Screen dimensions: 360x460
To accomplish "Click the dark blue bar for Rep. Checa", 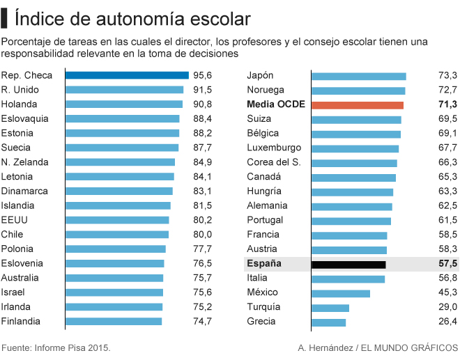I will point(127,75).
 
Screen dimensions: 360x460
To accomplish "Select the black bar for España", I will point(348,264).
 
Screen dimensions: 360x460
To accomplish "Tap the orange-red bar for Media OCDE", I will point(358,104).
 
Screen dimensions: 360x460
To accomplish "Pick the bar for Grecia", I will point(329,322).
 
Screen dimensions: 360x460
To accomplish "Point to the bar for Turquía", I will point(330,307).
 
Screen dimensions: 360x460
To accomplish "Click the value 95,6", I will point(203,75).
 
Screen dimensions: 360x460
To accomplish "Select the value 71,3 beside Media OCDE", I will point(447,104).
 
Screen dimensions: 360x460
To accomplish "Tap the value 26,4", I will point(447,322).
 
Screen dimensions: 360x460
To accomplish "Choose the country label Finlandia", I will point(21,322).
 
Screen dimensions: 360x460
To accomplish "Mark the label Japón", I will point(261,75).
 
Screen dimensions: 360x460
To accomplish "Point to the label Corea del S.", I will point(274,162).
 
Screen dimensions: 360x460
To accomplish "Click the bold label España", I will point(264,264).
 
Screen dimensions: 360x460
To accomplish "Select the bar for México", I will point(341,292).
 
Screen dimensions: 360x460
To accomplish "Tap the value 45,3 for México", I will point(447,292).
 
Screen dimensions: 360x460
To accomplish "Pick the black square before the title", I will point(5,16).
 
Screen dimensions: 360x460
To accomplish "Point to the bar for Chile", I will point(116,235).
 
